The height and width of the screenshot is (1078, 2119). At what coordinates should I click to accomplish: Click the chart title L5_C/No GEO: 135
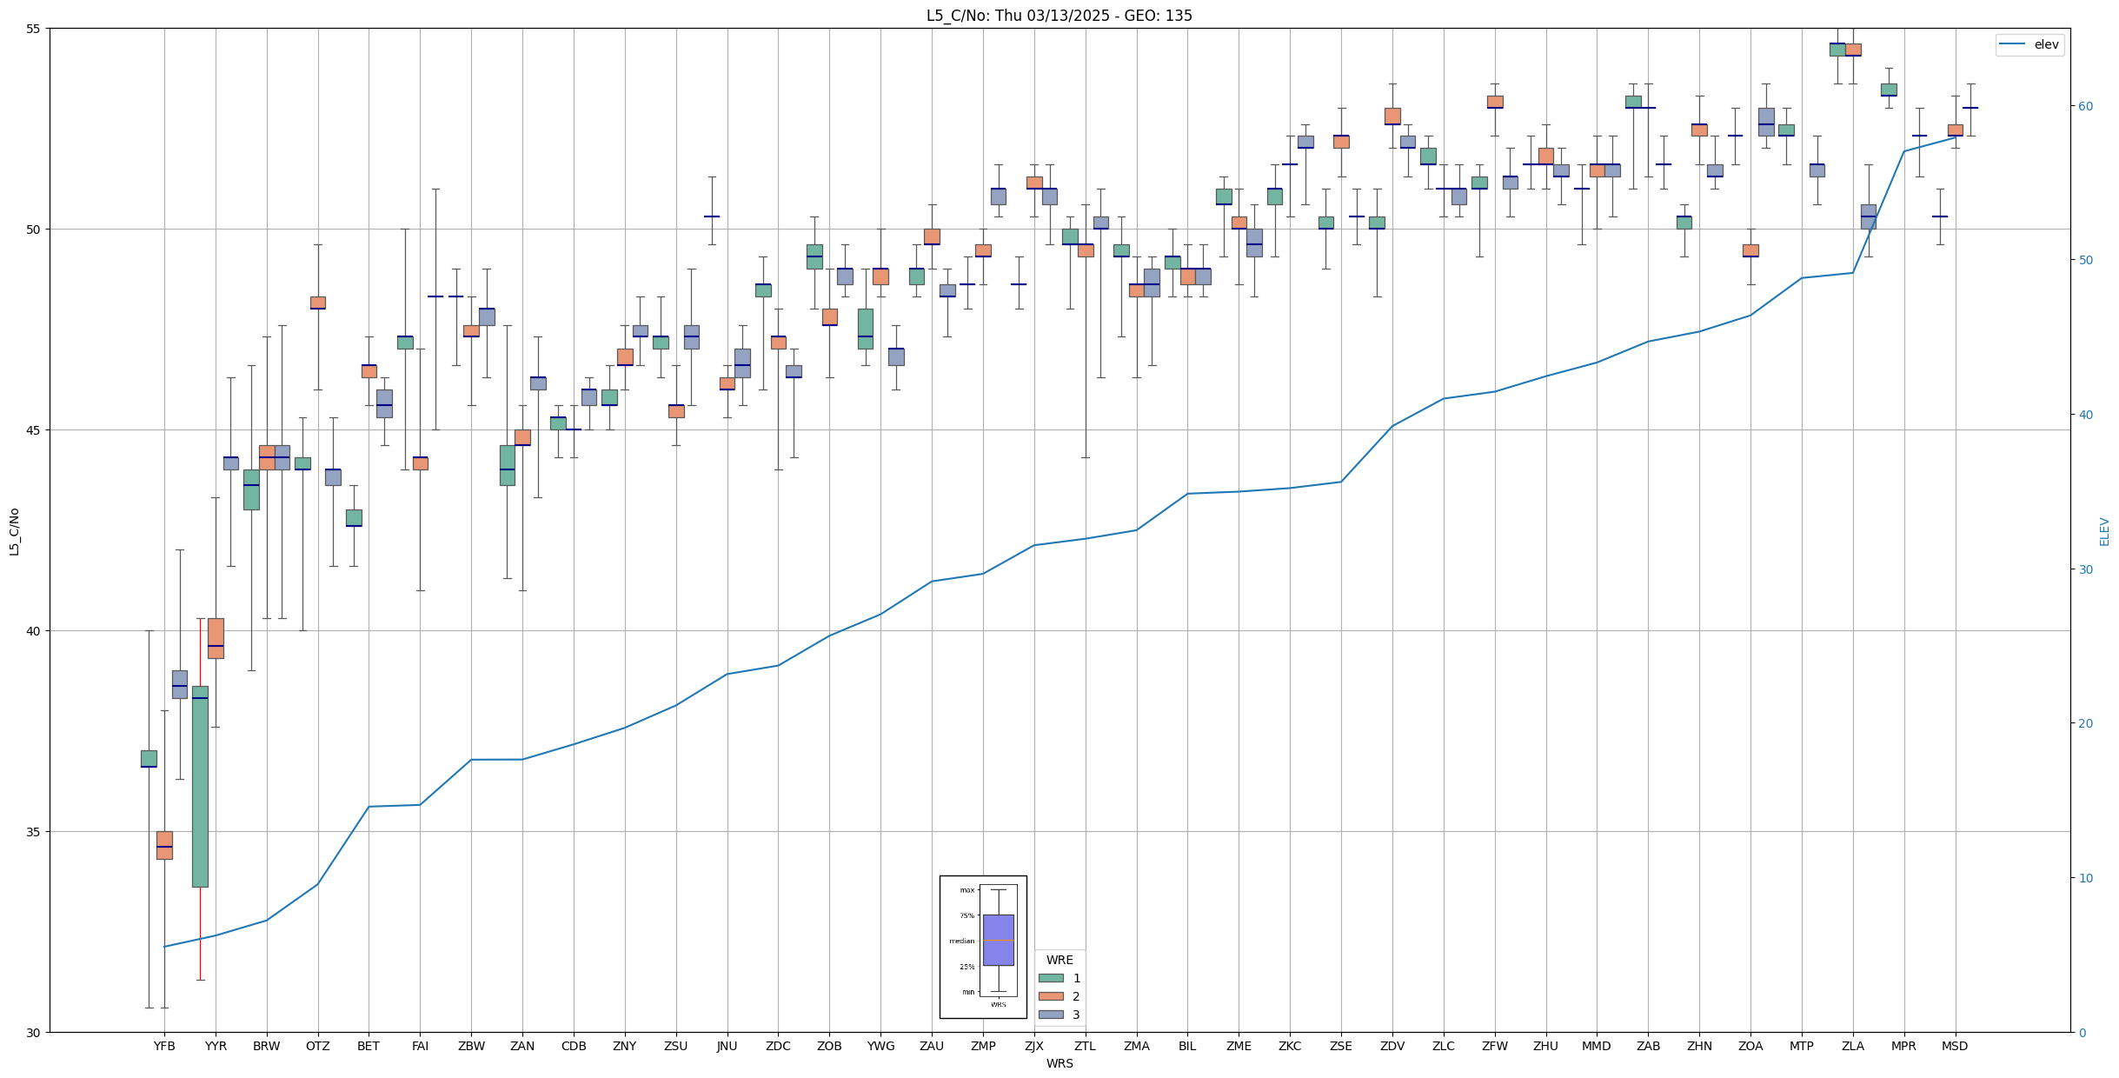(1059, 16)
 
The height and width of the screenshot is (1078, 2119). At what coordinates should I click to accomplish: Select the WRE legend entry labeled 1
(1060, 978)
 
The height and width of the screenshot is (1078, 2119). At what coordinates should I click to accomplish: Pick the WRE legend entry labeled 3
(1060, 1015)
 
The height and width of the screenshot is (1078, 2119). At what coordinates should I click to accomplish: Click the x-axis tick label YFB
(164, 1046)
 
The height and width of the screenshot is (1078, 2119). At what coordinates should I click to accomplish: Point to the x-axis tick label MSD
(1955, 1046)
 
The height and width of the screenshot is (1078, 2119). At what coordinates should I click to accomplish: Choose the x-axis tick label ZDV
(1392, 1046)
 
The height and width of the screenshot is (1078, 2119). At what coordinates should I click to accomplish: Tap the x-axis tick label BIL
(1187, 1046)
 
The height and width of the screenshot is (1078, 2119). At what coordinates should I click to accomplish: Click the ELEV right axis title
(2104, 531)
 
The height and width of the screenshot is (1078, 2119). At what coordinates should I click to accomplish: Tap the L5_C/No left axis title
(14, 531)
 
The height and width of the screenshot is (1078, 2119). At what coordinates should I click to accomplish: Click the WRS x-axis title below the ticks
(1059, 1063)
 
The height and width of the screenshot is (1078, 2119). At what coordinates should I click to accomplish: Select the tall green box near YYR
(200, 787)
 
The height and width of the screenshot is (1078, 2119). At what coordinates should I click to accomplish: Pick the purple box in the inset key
(998, 940)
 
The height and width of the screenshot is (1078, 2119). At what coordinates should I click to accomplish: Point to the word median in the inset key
(961, 941)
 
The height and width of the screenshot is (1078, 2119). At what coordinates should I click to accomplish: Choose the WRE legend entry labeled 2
(1060, 996)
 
